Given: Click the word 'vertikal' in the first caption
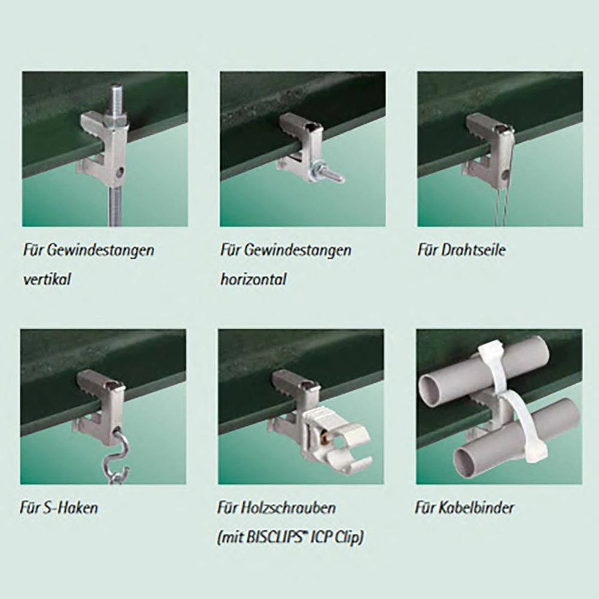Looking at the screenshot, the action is click(x=47, y=279).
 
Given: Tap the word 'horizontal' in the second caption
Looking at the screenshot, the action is click(x=253, y=279).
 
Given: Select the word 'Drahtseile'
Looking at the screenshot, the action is click(x=473, y=250).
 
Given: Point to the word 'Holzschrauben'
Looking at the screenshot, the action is click(x=289, y=508).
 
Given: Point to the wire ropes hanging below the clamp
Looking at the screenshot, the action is click(x=505, y=206).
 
